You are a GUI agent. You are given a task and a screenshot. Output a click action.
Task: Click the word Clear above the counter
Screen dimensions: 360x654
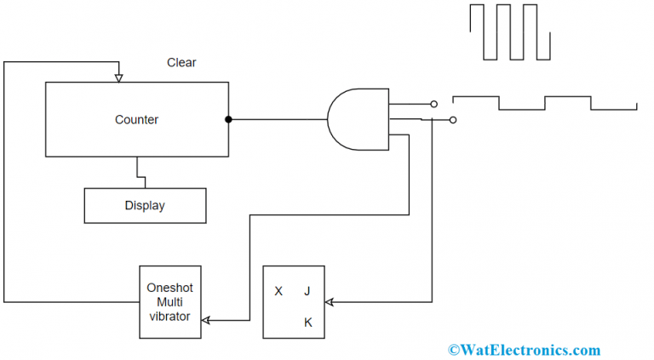coord(181,63)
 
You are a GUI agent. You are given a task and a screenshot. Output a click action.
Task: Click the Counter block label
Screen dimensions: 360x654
coord(136,120)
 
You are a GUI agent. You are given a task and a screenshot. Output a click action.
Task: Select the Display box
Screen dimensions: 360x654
coord(145,205)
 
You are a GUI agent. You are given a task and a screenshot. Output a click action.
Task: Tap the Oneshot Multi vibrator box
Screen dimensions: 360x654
coord(170,302)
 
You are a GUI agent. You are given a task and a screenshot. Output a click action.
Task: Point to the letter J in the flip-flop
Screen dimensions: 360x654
coord(307,291)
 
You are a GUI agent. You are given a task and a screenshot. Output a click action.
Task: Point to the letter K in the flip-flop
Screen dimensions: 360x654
coord(307,323)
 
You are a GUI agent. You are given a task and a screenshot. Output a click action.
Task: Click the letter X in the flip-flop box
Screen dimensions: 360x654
coord(278,291)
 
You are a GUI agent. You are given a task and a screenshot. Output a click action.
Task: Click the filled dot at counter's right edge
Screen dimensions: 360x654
coord(228,120)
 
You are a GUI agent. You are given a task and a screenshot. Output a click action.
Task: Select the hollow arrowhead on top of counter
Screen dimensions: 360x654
coord(118,78)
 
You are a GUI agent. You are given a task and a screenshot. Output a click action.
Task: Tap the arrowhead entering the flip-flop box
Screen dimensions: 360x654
coord(330,302)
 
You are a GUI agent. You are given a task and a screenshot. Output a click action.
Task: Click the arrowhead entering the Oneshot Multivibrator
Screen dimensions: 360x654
coord(206,320)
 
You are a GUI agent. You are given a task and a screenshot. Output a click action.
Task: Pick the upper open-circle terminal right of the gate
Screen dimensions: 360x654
coord(433,104)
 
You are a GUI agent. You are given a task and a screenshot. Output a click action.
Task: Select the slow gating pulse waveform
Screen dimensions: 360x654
coord(545,102)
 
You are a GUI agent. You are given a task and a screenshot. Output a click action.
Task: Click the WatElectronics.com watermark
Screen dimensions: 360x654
coord(524,350)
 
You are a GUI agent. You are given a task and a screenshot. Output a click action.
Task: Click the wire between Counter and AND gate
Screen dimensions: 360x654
coord(278,120)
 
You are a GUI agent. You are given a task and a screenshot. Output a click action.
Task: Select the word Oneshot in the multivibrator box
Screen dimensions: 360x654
coord(170,287)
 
